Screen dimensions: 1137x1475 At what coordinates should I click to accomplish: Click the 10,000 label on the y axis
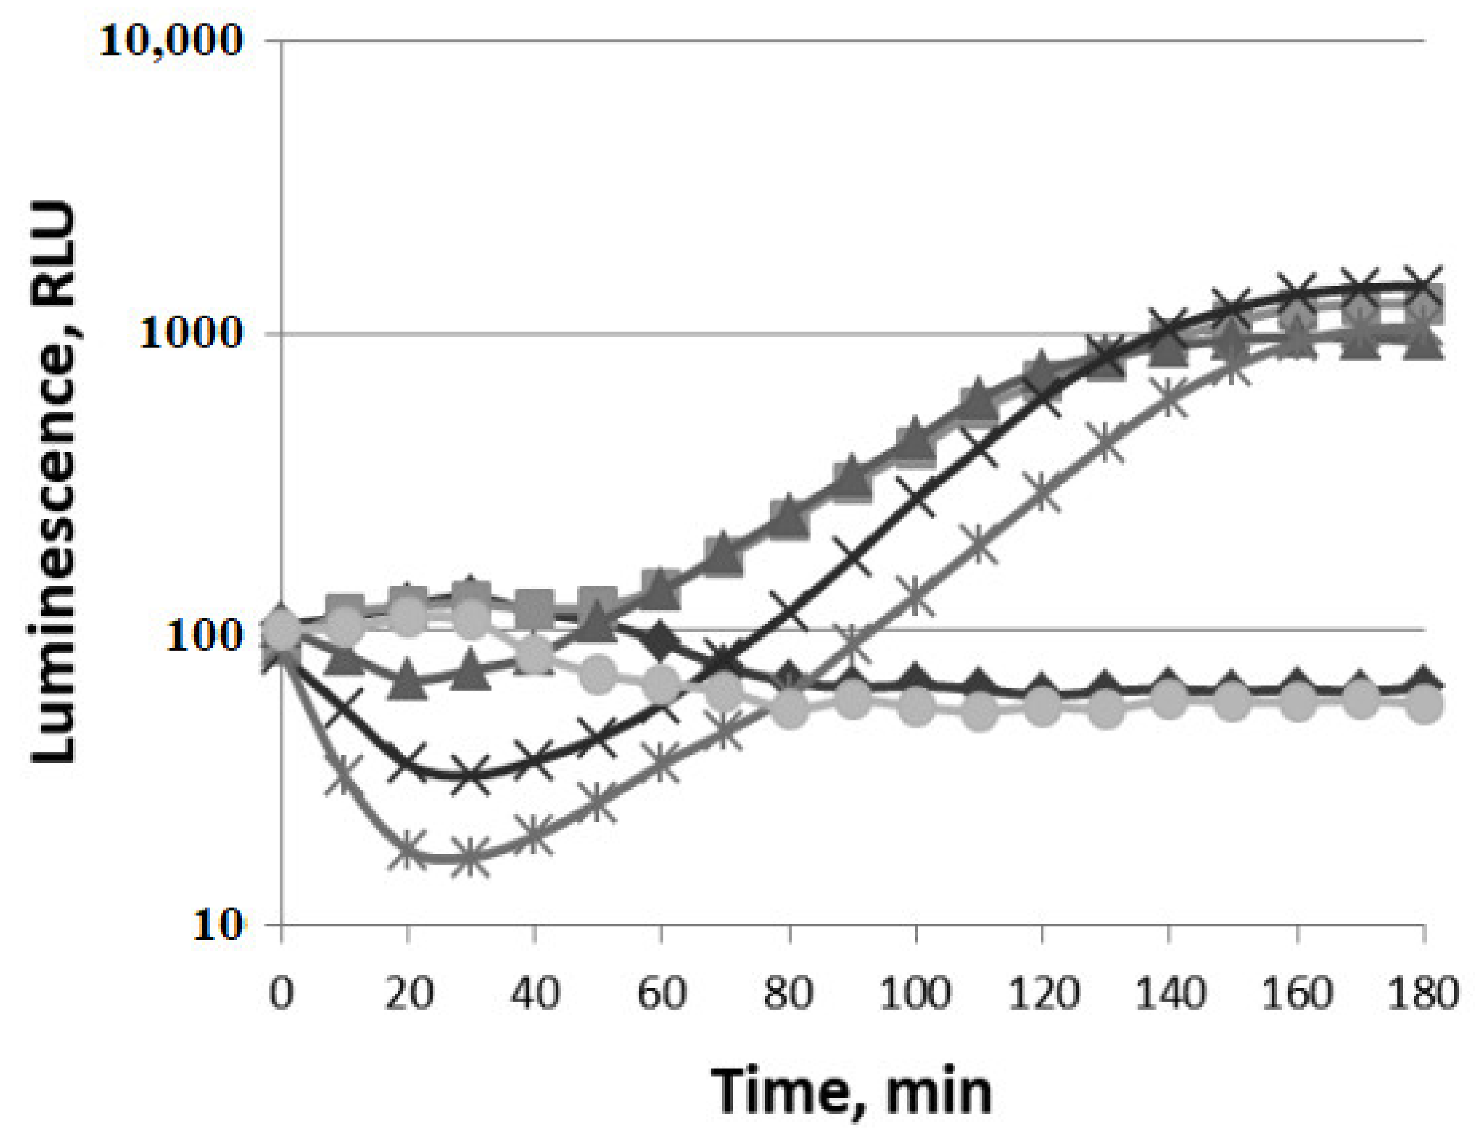pos(170,42)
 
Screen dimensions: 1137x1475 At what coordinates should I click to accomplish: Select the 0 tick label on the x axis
pos(281,993)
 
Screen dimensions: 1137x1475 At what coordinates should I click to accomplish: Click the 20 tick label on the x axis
pos(408,993)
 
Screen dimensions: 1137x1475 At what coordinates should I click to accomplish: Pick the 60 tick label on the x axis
pos(661,993)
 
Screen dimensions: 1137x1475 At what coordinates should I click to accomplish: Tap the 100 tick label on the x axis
pos(915,993)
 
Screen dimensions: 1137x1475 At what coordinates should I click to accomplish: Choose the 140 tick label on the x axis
pos(1169,993)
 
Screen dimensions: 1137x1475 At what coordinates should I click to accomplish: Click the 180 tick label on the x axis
pos(1423,993)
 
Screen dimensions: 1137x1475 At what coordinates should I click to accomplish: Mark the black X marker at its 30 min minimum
pos(471,775)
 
